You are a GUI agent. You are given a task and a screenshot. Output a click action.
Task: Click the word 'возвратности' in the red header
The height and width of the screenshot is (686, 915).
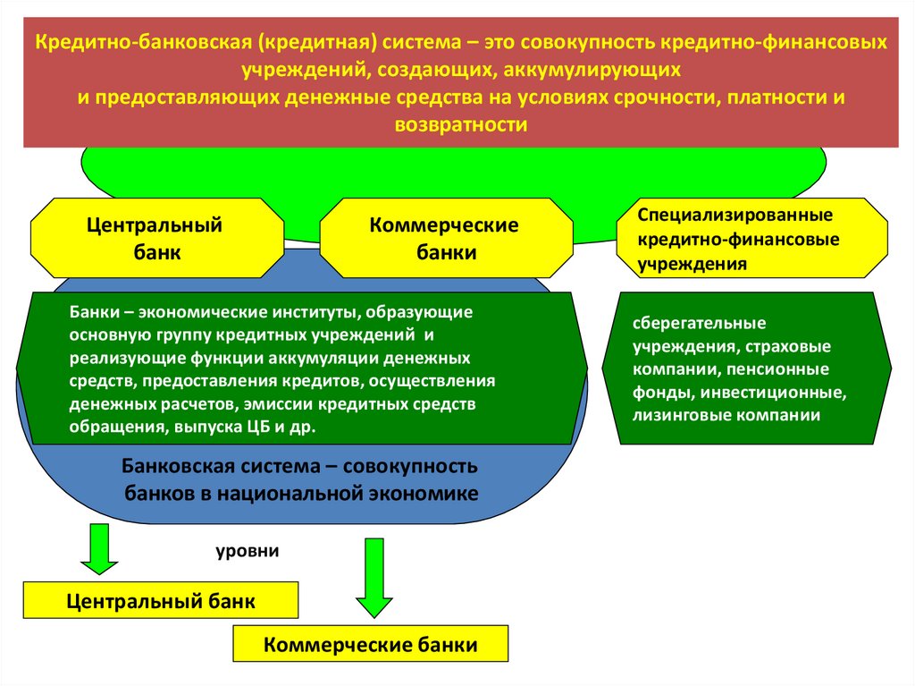tap(460, 125)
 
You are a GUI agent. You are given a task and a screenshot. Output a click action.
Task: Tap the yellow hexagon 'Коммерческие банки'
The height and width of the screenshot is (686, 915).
tap(445, 239)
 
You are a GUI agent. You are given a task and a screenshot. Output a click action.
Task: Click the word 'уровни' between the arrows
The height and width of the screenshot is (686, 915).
tap(247, 551)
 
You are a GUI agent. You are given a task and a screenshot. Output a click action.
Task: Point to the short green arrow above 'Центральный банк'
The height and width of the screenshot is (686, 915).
tap(98, 548)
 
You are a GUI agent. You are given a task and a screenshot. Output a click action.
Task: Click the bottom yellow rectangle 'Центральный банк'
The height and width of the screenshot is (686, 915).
tap(161, 601)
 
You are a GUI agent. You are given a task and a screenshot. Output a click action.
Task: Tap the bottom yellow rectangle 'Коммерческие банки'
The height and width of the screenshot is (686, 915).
tap(370, 644)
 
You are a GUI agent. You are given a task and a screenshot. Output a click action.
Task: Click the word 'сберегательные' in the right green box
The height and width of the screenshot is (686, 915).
tap(687, 323)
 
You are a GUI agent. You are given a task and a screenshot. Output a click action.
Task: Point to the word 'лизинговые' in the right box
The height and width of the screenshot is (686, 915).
tap(675, 416)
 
